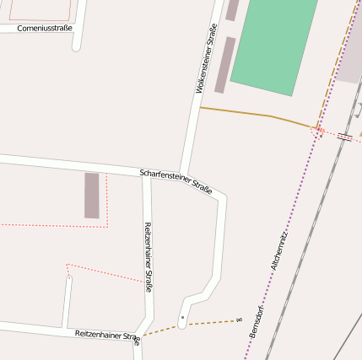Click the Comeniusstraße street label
click(46, 28)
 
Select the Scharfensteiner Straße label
click(176, 179)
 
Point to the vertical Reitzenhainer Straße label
click(148, 257)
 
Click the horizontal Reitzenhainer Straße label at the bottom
click(107, 336)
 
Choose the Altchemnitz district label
click(279, 250)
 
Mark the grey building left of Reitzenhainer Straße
click(91, 195)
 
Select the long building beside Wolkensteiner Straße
click(224, 64)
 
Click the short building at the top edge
click(231, 9)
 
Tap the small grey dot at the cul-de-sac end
click(182, 318)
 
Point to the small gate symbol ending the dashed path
click(240, 320)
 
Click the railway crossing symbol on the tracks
click(345, 137)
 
